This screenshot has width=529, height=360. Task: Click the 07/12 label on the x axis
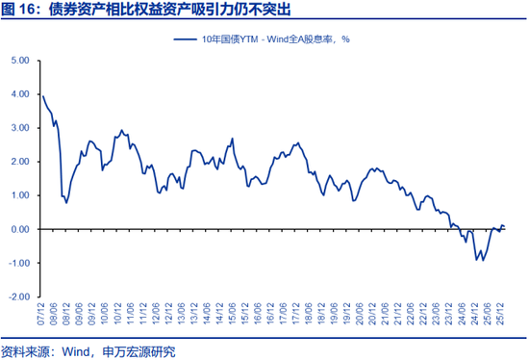tap(41, 316)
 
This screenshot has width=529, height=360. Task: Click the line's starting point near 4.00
tap(42, 94)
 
